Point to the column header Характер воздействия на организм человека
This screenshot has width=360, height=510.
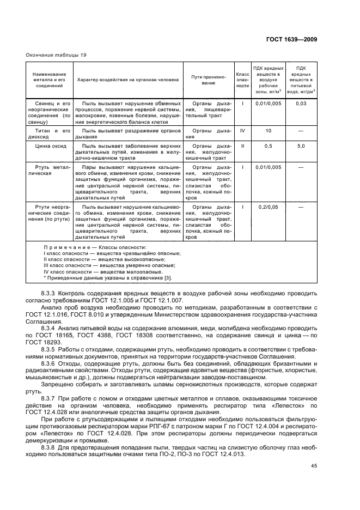tap(128, 80)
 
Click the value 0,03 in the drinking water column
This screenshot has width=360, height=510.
tap(301, 104)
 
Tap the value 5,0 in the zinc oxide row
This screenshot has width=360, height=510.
tap(301, 146)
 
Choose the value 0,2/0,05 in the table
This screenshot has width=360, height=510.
tap(268, 207)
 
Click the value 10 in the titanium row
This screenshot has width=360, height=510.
tap(268, 131)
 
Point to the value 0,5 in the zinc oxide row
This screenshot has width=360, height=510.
tap(268, 146)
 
